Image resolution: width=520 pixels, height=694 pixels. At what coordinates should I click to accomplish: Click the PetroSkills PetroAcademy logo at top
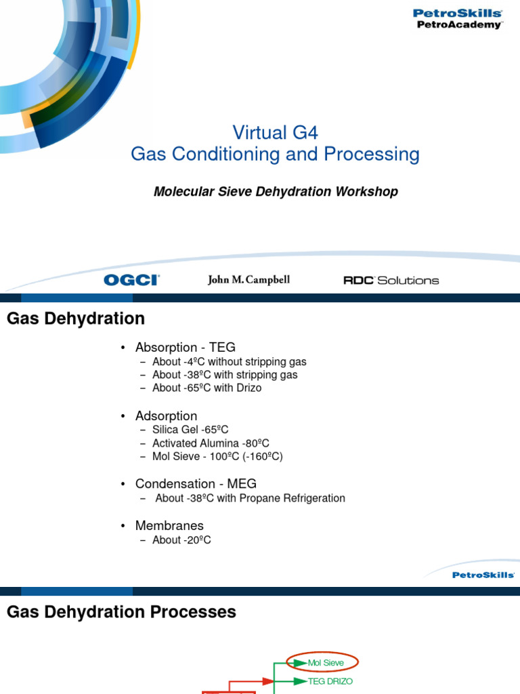[x=458, y=18]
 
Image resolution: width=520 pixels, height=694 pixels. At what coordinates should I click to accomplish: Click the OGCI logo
[x=131, y=280]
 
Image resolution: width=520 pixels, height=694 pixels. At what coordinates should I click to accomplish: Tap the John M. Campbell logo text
[x=248, y=280]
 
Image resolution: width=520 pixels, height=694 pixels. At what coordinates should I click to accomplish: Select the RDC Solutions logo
[x=391, y=280]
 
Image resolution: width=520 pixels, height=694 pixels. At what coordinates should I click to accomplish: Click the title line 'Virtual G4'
[x=275, y=131]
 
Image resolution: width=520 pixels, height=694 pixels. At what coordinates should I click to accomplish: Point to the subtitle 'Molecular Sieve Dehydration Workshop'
[x=276, y=192]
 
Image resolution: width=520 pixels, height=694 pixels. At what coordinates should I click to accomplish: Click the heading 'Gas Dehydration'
[x=76, y=319]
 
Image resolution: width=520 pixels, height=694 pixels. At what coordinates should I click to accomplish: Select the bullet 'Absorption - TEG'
[x=185, y=348]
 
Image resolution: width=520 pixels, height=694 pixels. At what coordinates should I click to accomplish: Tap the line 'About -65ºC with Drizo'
[x=207, y=388]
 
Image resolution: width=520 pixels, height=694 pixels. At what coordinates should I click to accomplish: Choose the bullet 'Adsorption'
[x=166, y=416]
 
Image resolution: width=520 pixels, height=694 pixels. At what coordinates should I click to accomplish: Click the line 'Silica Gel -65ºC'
[x=190, y=430]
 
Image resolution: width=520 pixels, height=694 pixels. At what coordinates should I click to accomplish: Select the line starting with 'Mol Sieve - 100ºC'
[x=217, y=457]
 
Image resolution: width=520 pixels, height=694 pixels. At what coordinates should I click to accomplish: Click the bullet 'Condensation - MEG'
[x=196, y=484]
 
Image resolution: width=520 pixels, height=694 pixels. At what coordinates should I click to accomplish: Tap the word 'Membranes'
[x=169, y=526]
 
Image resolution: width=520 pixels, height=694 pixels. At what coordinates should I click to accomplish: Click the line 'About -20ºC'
[x=181, y=540]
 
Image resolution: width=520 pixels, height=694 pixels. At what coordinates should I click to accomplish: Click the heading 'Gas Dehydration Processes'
[x=121, y=612]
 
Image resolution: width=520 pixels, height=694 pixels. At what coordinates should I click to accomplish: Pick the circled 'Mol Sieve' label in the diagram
[x=325, y=662]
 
